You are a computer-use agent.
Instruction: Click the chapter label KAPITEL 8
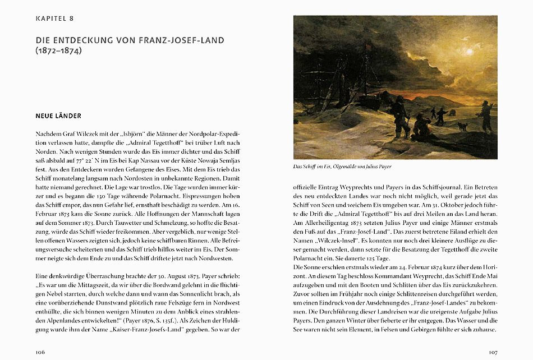tap(55, 19)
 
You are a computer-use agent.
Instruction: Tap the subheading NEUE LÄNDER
tap(58, 116)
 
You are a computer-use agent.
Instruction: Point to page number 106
tap(40, 352)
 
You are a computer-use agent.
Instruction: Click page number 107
tap(492, 352)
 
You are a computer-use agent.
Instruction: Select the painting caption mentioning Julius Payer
tap(342, 167)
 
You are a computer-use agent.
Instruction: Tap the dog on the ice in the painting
tap(463, 127)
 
